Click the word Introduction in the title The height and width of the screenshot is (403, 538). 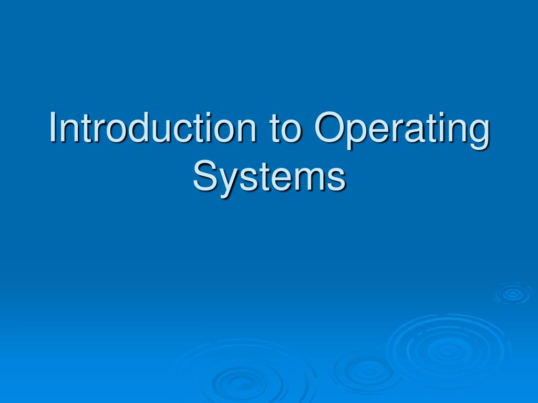pyautogui.click(x=154, y=128)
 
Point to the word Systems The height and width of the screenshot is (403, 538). pyautogui.click(x=269, y=177)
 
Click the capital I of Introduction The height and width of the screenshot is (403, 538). pyautogui.click(x=53, y=127)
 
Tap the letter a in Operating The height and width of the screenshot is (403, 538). pyautogui.click(x=415, y=131)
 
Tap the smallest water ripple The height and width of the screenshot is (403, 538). pyautogui.click(x=512, y=294)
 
